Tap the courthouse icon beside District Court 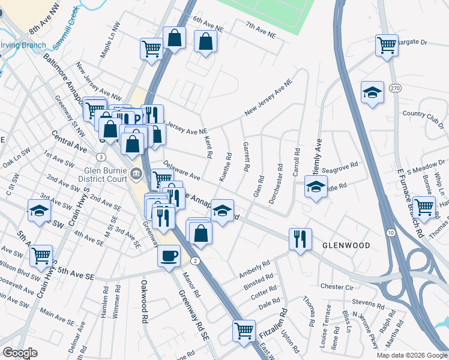[136, 175]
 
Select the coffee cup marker [168, 255]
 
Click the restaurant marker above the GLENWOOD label [299, 238]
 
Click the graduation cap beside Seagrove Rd [316, 187]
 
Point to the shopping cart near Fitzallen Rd [244, 330]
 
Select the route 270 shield [394, 89]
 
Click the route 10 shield [390, 232]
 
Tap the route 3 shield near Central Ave [101, 157]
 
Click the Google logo [20, 353]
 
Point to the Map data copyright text [411, 355]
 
